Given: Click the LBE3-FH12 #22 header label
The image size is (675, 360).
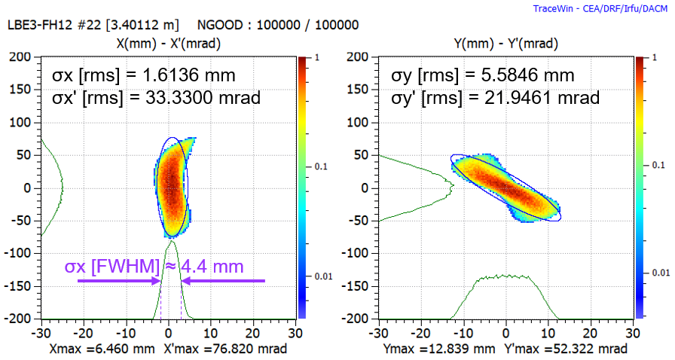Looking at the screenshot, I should point(99,25).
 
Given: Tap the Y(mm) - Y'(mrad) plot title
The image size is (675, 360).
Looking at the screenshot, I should point(507,43).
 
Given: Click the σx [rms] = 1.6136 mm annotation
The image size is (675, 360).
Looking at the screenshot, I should point(143,75).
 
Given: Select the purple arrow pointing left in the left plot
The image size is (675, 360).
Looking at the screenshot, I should point(223,281).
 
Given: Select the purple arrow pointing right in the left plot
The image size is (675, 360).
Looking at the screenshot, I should point(113,281).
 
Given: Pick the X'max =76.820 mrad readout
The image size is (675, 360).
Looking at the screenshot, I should point(224,349).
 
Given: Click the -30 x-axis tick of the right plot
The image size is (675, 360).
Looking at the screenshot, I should point(379,332).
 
